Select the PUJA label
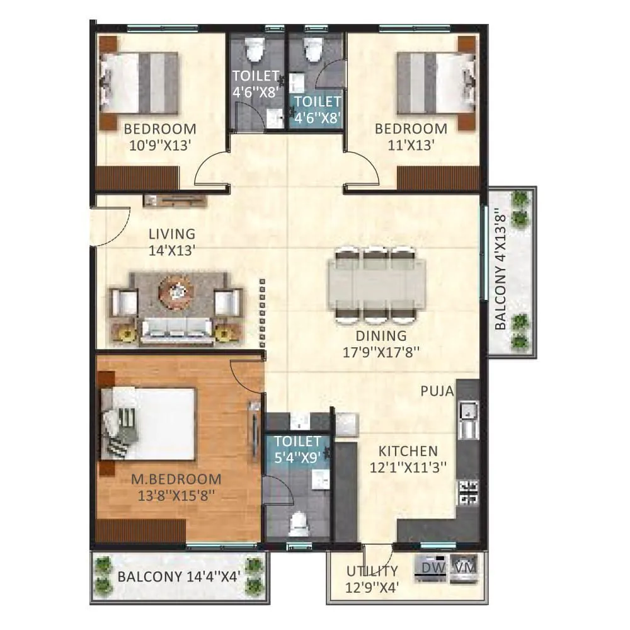pyautogui.click(x=437, y=391)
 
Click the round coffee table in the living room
pyautogui.click(x=176, y=290)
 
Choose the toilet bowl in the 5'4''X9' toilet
pyautogui.click(x=297, y=521)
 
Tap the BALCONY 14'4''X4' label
pyautogui.click(x=180, y=576)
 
